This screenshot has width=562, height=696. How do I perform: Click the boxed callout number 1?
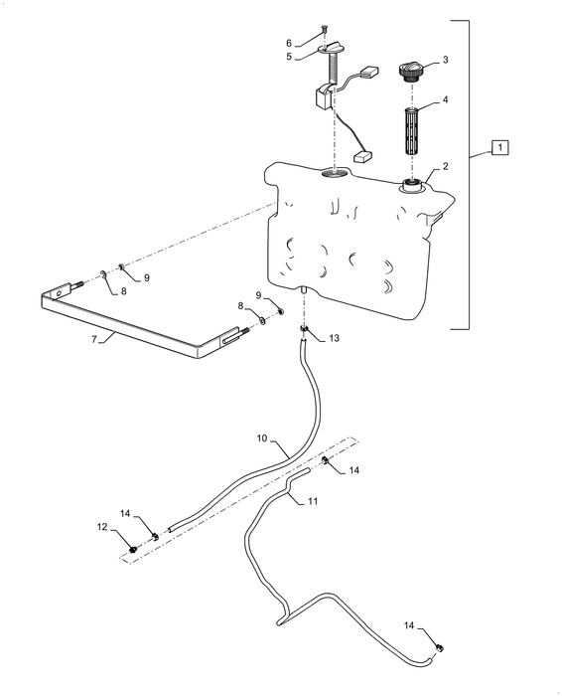click(499, 147)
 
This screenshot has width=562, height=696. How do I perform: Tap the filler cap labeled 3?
click(411, 72)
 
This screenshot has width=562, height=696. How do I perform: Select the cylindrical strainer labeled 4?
click(412, 130)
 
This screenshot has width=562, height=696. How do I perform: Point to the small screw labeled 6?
click(324, 30)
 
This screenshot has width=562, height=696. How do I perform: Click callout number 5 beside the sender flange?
click(289, 57)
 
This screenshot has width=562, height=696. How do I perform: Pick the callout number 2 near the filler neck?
click(445, 166)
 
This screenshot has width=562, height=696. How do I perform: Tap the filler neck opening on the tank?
click(413, 186)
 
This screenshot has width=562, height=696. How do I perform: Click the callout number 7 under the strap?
click(94, 339)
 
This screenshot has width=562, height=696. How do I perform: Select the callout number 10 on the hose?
click(262, 438)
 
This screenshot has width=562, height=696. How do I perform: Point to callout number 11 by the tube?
click(313, 501)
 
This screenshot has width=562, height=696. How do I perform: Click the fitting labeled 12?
click(132, 550)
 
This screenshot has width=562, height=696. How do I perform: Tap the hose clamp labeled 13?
click(304, 329)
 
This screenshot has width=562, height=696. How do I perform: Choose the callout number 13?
click(335, 338)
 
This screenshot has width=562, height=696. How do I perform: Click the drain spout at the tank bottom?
click(304, 289)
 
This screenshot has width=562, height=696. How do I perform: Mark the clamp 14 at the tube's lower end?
click(440, 648)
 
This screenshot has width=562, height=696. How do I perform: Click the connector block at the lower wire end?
click(362, 156)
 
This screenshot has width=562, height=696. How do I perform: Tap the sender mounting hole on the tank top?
click(335, 174)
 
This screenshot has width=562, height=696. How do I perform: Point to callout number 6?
click(289, 43)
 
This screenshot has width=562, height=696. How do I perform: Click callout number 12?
click(102, 527)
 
